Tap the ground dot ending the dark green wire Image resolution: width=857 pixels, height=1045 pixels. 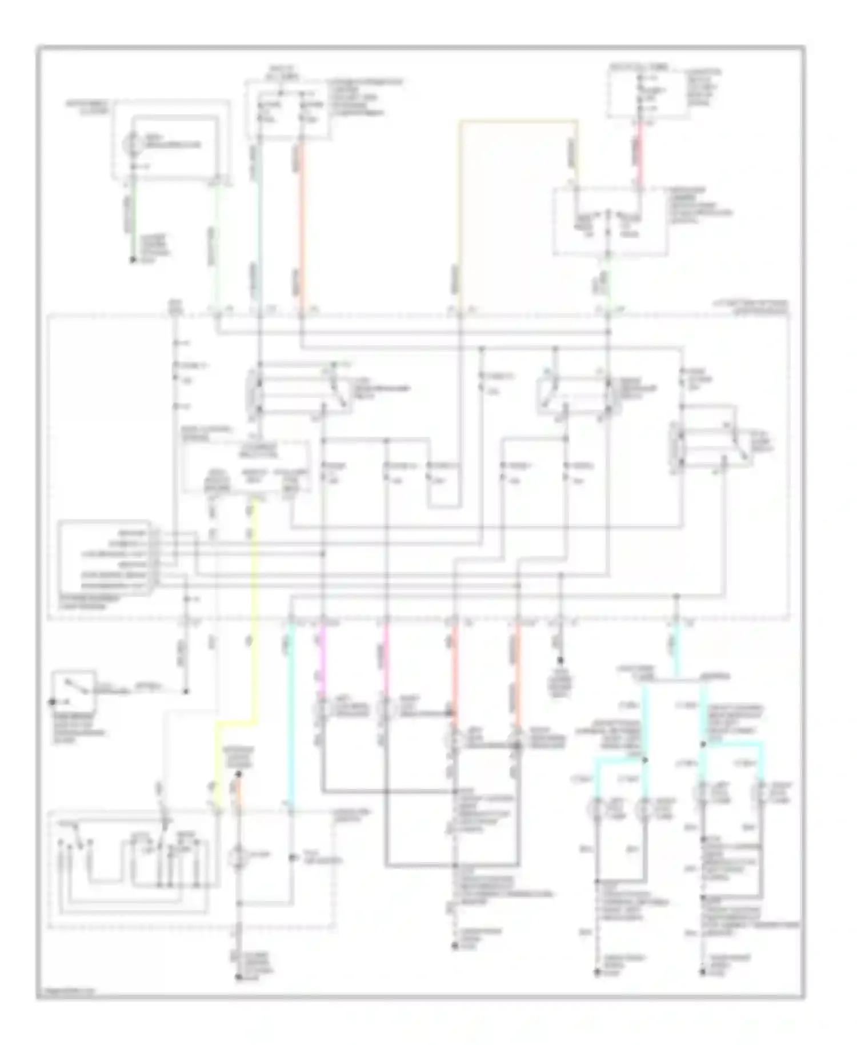point(132,261)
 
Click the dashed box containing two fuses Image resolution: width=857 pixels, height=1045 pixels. point(287,109)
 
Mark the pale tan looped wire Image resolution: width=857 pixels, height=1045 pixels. point(517,121)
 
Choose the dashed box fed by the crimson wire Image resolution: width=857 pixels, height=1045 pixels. point(609,221)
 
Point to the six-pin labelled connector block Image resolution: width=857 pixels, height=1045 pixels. point(105,558)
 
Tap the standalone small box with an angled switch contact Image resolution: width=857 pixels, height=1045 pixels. point(73,691)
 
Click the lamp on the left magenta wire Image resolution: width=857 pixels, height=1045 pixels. point(322,711)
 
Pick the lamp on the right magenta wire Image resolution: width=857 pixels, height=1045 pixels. point(386,711)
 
